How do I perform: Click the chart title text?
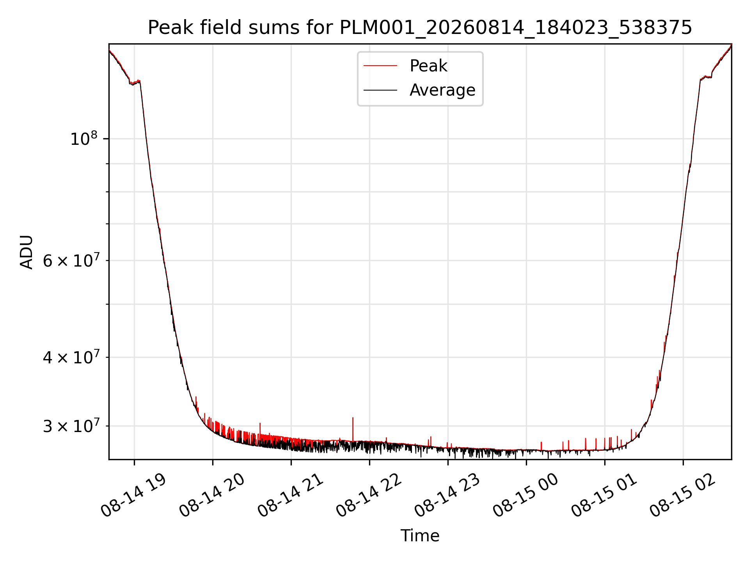[420, 28]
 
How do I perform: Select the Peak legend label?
[428, 66]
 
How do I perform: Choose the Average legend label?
[442, 90]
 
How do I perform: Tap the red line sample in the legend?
[380, 66]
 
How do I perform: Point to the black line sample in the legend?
[380, 90]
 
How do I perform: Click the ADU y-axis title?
[27, 252]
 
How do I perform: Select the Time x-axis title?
[420, 536]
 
